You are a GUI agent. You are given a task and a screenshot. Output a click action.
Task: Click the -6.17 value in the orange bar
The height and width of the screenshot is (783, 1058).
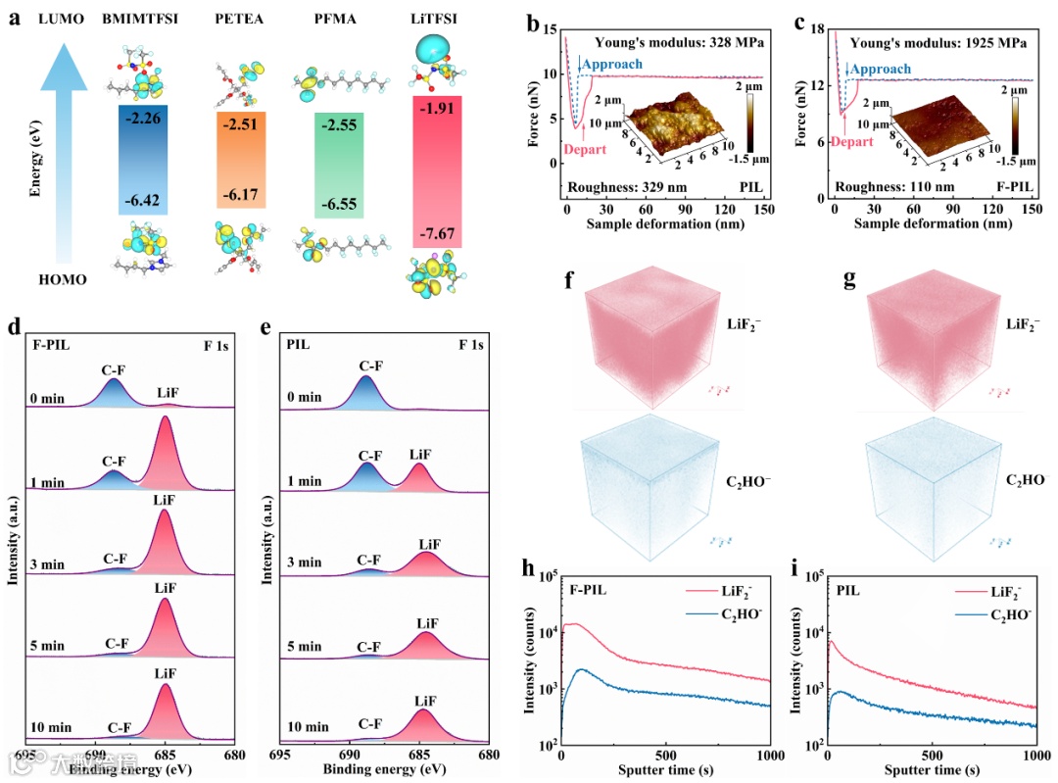pos(241,195)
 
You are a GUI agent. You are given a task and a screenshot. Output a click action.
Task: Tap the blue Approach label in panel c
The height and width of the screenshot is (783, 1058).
pos(880,70)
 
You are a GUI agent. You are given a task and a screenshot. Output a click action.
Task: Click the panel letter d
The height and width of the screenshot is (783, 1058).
pos(14,327)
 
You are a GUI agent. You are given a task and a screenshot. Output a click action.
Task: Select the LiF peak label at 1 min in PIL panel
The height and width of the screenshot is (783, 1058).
pos(419,454)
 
